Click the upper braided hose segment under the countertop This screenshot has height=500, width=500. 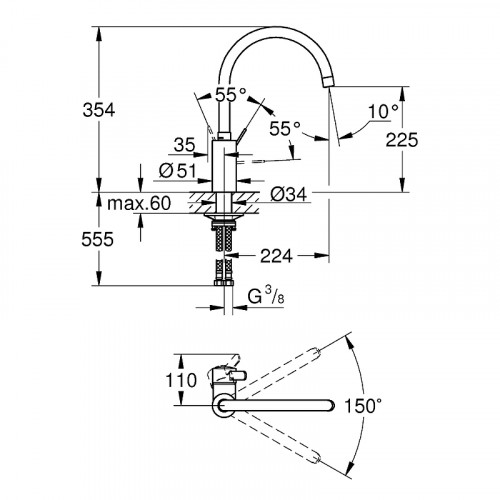[x=221, y=240]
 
